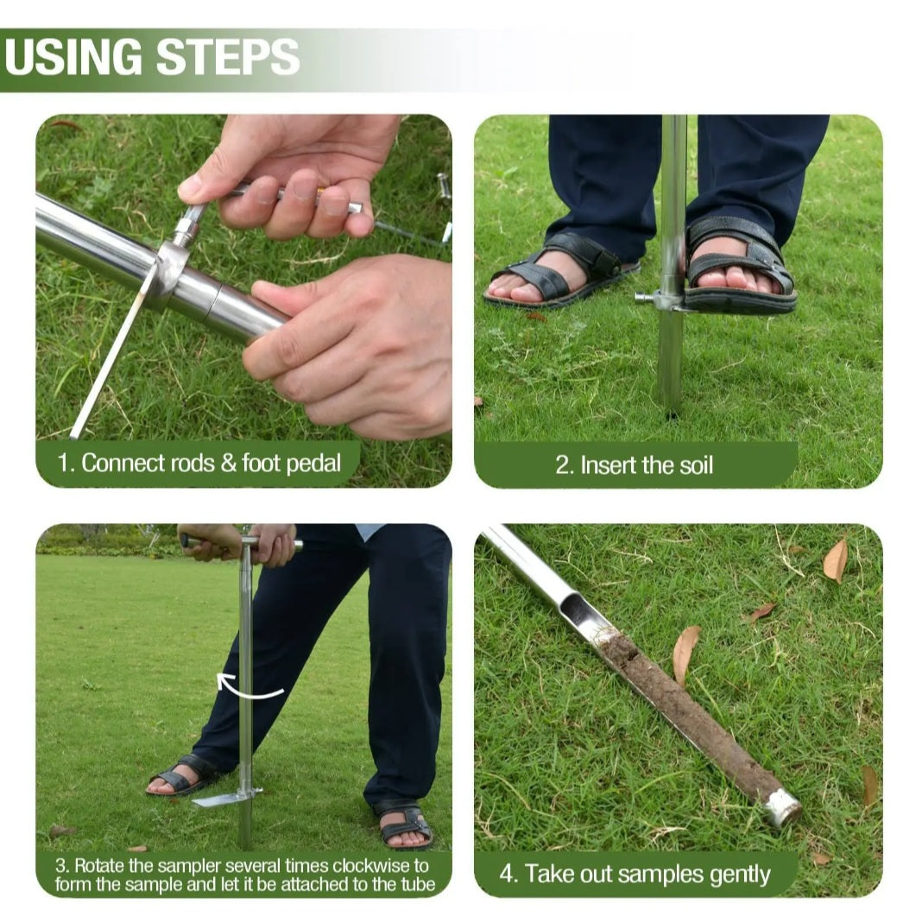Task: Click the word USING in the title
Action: [73, 56]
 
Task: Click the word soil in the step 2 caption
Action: [696, 465]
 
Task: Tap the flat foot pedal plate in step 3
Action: [220, 799]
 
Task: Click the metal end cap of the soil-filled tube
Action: [783, 806]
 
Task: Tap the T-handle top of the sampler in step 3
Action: [242, 542]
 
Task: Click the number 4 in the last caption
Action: [506, 874]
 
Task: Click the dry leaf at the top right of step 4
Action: [836, 560]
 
